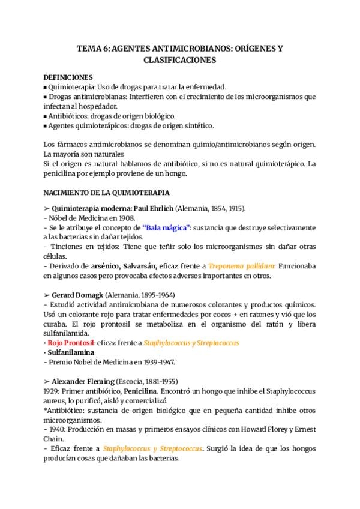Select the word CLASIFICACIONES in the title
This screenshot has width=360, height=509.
point(180,61)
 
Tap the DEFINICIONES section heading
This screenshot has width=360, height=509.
point(69,78)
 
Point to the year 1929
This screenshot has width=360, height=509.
point(53,390)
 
